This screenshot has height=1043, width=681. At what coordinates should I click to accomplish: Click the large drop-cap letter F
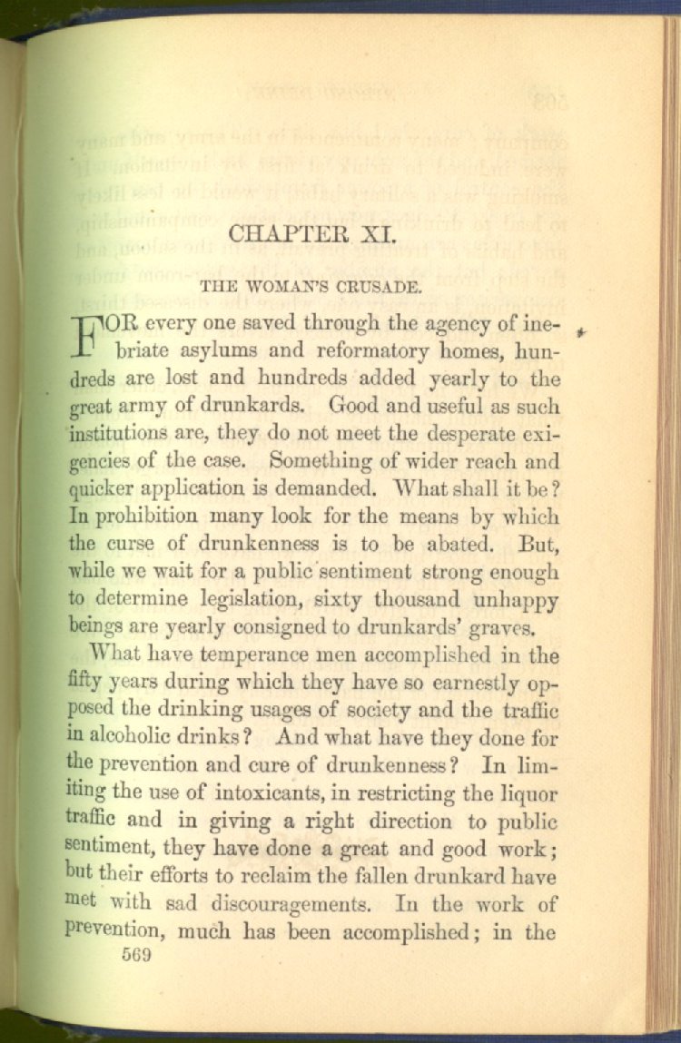pyautogui.click(x=86, y=336)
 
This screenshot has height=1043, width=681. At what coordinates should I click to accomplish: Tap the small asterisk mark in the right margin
pyautogui.click(x=582, y=334)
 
